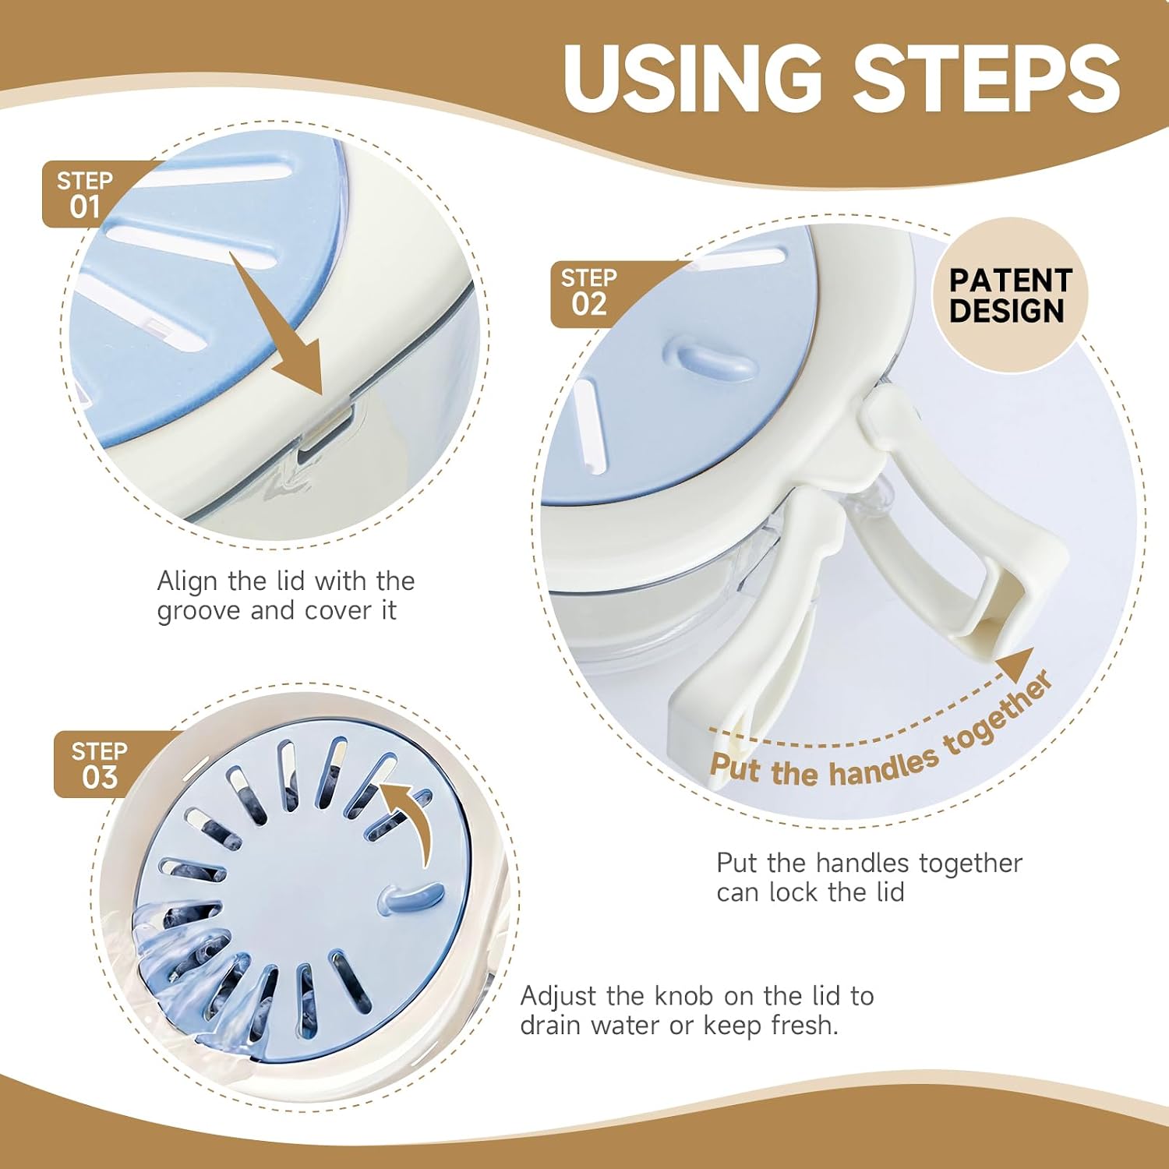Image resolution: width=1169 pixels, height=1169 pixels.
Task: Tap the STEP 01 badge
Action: click(x=86, y=194)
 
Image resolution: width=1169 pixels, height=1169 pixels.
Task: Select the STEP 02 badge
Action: click(x=590, y=293)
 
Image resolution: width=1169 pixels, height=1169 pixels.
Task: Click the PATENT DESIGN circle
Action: click(x=1010, y=295)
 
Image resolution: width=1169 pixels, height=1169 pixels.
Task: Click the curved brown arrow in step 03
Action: click(x=413, y=822)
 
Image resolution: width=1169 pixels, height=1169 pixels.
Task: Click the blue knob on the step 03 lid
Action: click(x=408, y=899)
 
